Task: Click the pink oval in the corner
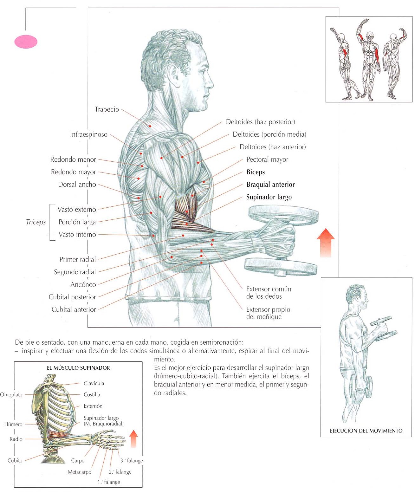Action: pyautogui.click(x=26, y=42)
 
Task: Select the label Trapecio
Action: pyautogui.click(x=107, y=109)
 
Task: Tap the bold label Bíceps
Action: pyautogui.click(x=256, y=172)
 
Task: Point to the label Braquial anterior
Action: pyautogui.click(x=270, y=185)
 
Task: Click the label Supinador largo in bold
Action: pyautogui.click(x=269, y=197)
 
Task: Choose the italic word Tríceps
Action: pyautogui.click(x=36, y=222)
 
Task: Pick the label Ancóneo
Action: pyautogui.click(x=83, y=284)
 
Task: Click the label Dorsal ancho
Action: pyautogui.click(x=77, y=185)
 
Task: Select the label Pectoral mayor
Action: pyautogui.click(x=267, y=159)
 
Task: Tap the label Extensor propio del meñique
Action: pyautogui.click(x=268, y=313)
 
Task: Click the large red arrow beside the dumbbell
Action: pyautogui.click(x=326, y=243)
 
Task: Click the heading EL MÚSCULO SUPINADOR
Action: pyautogui.click(x=78, y=368)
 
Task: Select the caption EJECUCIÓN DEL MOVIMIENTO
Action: pyautogui.click(x=366, y=431)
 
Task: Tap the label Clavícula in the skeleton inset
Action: pyautogui.click(x=94, y=383)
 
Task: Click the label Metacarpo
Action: pyautogui.click(x=79, y=472)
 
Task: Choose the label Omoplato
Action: pyautogui.click(x=11, y=395)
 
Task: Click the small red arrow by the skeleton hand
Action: pyautogui.click(x=134, y=438)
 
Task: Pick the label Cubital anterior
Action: pyautogui.click(x=74, y=309)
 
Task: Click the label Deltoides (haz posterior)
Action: pyautogui.click(x=260, y=122)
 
